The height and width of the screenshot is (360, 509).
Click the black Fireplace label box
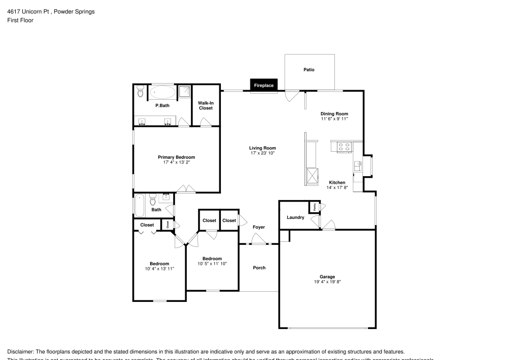click(264, 86)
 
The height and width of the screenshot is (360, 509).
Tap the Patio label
click(309, 70)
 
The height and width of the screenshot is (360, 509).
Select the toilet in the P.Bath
click(140, 92)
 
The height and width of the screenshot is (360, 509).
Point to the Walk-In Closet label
click(206, 105)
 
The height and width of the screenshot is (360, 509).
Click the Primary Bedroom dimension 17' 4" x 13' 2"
click(176, 163)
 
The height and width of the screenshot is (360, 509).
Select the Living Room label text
click(263, 148)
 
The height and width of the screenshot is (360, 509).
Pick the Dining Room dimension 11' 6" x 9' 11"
click(334, 119)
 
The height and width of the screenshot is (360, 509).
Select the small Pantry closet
click(315, 207)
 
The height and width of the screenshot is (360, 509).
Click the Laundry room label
click(295, 217)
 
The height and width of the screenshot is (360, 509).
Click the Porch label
click(259, 267)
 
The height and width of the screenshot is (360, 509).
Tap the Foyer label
click(259, 227)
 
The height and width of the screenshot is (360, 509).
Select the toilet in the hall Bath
click(153, 201)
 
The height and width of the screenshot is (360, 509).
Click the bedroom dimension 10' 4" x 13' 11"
click(159, 268)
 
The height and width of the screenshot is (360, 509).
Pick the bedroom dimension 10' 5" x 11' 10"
click(212, 263)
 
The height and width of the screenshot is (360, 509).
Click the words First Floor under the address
click(20, 20)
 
